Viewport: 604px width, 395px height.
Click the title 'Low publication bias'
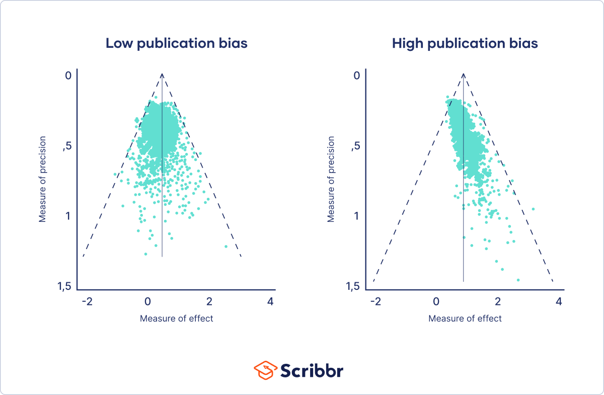pos(176,43)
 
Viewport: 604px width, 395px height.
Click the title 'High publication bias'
pos(465,43)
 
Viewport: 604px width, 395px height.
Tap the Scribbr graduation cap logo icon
pos(265,371)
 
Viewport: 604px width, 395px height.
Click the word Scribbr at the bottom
pos(312,371)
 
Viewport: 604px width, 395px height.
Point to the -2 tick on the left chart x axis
pos(87,302)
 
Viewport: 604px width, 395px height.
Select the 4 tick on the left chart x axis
pos(270,302)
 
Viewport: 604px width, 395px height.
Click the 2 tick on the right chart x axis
pos(497,302)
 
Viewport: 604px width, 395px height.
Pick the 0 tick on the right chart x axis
pos(436,302)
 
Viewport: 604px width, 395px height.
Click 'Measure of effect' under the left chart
pos(176,319)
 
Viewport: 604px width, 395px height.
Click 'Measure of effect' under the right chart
pos(465,319)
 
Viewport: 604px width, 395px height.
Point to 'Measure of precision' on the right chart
pos(331,179)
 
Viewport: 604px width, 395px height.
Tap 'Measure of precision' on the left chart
pos(43,179)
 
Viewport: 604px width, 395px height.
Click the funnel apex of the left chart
pos(162,74)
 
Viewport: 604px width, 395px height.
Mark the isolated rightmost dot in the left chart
pos(226,247)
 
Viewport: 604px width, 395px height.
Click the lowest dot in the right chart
pos(518,280)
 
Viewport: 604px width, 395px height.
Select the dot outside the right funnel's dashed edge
pos(533,209)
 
